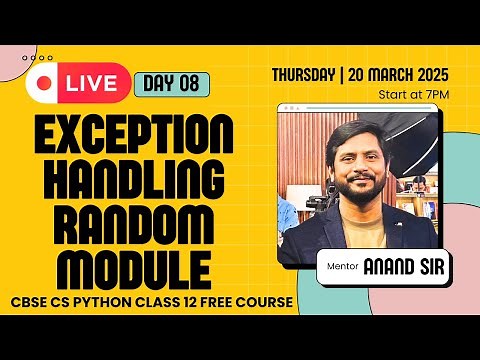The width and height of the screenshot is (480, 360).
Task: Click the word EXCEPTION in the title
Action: point(135,135)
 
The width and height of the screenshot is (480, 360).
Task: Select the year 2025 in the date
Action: point(428,75)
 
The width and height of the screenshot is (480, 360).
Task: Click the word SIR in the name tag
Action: point(430,266)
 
